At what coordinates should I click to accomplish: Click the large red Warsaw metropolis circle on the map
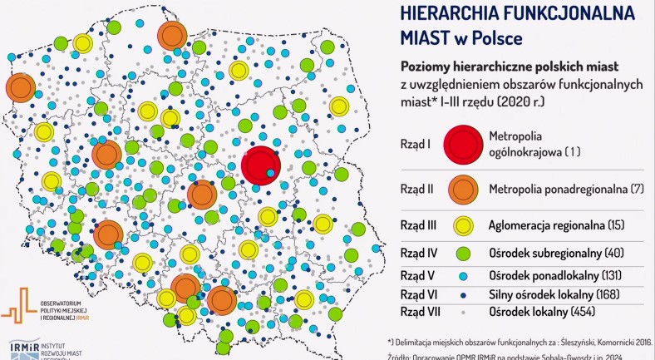pyautogui.click(x=260, y=163)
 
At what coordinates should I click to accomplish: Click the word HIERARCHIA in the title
pyautogui.click(x=460, y=13)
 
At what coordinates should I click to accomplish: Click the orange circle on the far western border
pyautogui.click(x=20, y=86)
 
